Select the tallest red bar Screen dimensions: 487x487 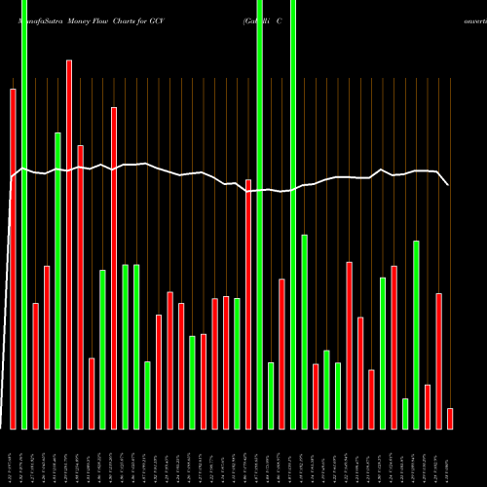69,243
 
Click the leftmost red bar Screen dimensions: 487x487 13,258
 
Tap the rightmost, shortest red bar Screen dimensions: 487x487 450,419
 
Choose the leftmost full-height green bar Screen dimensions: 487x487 24,214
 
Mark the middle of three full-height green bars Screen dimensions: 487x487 260,214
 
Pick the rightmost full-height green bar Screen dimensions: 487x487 293,214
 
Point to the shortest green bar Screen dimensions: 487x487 405,414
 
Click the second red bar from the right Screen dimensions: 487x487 439,360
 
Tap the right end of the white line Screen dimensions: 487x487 449,184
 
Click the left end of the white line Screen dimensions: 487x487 12,176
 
